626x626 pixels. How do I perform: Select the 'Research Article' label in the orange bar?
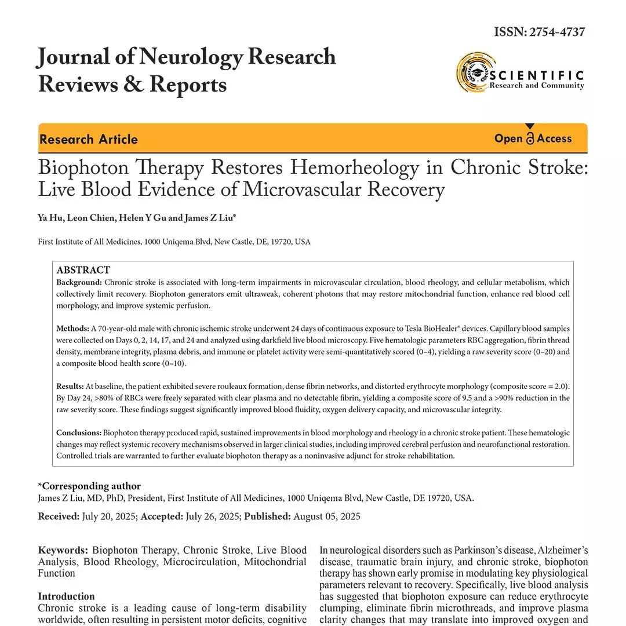(89, 139)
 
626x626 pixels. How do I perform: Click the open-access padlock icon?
(529, 137)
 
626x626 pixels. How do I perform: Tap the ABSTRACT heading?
(83, 270)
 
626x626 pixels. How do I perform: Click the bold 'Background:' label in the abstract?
(79, 282)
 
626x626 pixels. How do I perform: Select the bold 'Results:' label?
(70, 386)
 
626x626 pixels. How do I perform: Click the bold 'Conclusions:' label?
(79, 432)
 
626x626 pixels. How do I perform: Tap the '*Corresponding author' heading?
(89, 486)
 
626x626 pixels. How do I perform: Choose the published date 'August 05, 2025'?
(327, 516)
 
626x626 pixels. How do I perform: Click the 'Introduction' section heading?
(66, 596)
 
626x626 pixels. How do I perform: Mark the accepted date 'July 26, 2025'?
(213, 516)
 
